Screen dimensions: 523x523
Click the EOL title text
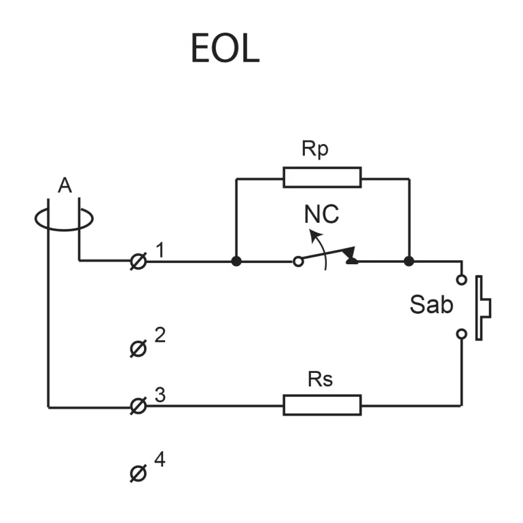pos(225,48)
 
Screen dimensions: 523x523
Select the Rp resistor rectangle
pos(322,178)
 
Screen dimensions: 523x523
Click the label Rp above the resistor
pos(314,149)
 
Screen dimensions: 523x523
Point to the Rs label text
pos(320,379)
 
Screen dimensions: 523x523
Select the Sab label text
pos(431,305)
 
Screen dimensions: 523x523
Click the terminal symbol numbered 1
pos(138,261)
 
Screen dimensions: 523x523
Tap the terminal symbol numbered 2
pos(137,349)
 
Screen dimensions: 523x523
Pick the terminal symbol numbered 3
pos(138,406)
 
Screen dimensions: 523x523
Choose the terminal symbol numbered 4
pos(137,473)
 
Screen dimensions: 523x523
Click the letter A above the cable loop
pos(65,185)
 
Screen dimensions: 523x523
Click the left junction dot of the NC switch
pos(236,261)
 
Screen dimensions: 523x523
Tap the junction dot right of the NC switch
pos(409,261)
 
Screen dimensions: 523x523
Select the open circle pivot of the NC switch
pos(297,261)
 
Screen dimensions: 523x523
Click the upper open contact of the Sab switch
pos(462,279)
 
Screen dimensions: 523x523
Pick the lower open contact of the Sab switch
pos(462,333)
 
